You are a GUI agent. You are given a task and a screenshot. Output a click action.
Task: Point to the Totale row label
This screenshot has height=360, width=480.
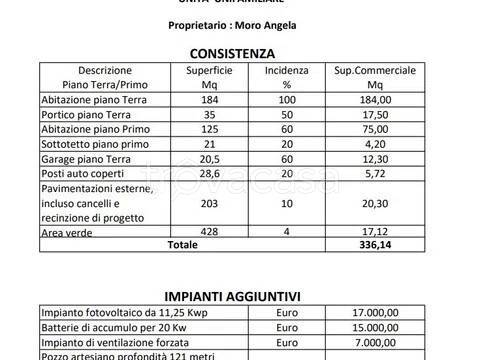(x=183, y=244)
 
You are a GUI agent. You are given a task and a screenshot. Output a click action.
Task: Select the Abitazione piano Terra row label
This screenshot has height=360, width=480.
(x=89, y=101)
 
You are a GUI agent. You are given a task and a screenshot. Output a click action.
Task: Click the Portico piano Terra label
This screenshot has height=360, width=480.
(x=79, y=115)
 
